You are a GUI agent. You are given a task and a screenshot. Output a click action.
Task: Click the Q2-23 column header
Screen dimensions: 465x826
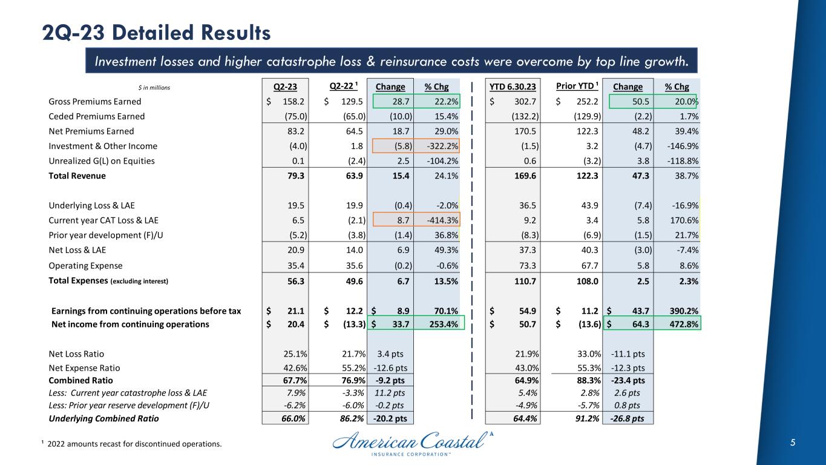[286, 87]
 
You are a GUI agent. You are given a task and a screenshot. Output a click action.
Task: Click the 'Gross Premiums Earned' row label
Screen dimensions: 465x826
[94, 102]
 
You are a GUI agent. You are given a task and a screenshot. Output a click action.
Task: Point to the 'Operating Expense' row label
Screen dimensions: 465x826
[85, 266]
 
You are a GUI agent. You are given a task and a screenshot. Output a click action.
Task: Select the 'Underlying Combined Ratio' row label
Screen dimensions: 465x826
[104, 418]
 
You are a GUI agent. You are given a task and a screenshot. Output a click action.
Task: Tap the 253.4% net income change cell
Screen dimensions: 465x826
[442, 325]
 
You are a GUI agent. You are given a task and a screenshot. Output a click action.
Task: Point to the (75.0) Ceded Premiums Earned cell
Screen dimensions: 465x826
[293, 116]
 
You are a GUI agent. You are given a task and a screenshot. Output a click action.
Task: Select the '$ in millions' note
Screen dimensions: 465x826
[153, 88]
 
